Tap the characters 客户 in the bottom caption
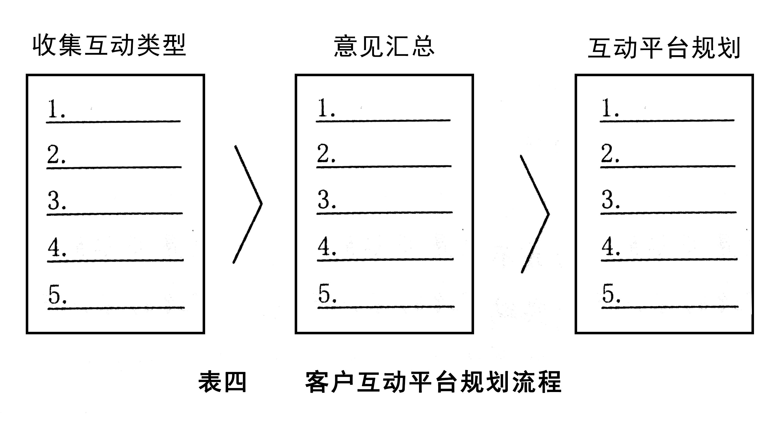tap(330, 382)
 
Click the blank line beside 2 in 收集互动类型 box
tap(121, 167)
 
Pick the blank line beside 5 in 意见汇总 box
tap(394, 307)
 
